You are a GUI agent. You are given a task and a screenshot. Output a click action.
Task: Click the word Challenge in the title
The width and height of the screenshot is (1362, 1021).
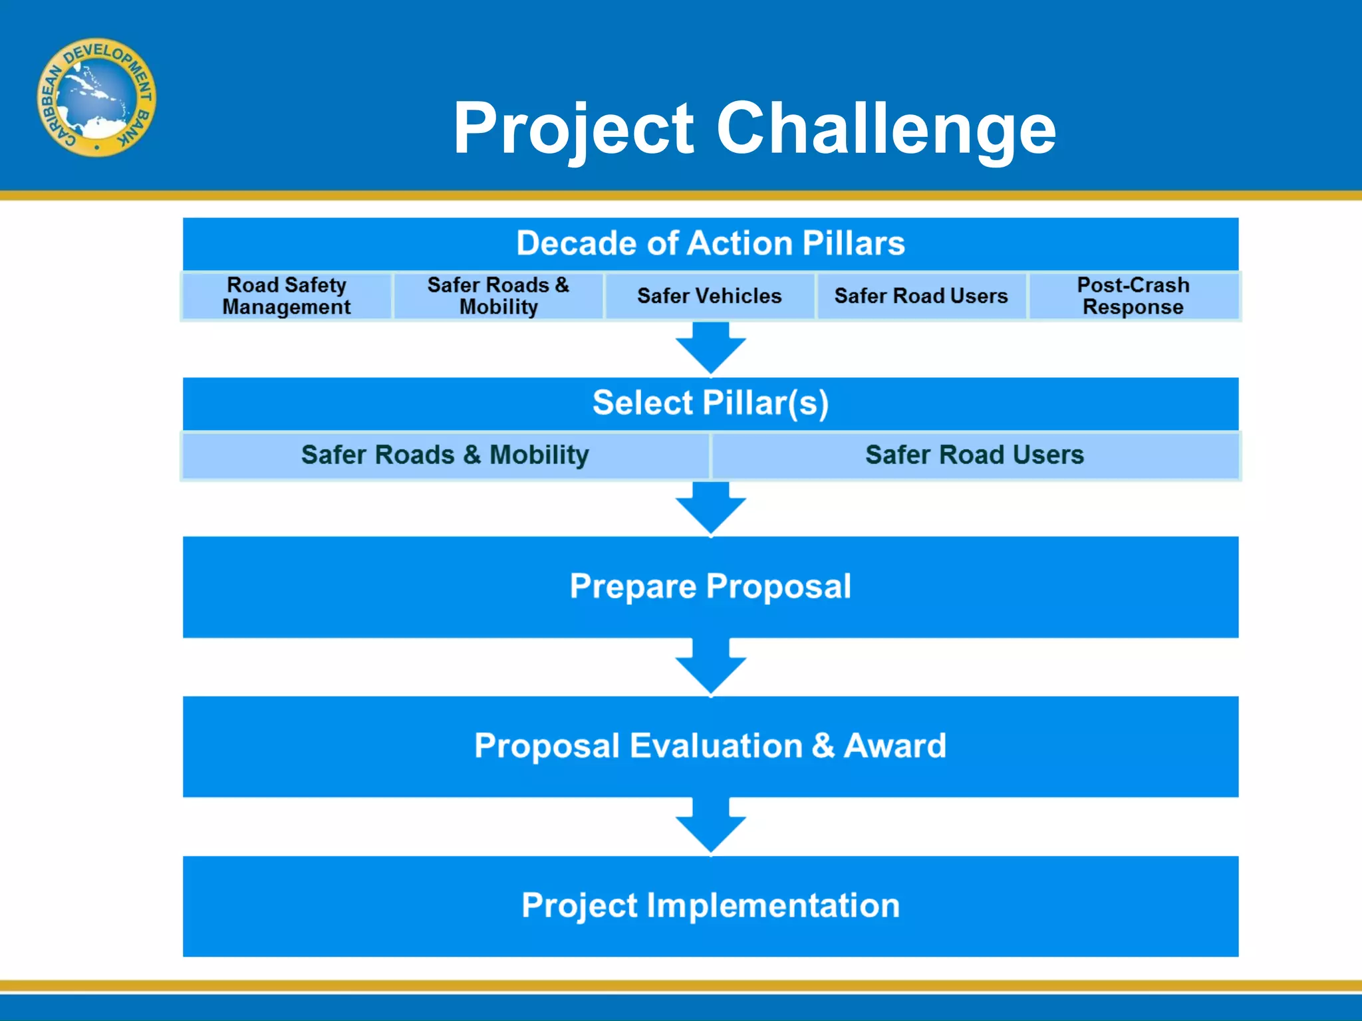886,128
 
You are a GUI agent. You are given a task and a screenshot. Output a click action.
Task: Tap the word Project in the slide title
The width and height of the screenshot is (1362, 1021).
573,128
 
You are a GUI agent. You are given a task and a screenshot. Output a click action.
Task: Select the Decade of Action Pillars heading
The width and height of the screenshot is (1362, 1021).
710,243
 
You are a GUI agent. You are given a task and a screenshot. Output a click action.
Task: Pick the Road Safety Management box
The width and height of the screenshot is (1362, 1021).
287,296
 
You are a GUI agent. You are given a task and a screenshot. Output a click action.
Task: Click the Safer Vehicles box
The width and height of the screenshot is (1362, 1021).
710,296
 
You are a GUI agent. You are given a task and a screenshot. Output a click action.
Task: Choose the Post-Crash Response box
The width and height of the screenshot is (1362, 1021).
1133,296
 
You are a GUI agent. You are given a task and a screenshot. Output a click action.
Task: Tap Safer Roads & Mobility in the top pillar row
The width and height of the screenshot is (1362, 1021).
498,296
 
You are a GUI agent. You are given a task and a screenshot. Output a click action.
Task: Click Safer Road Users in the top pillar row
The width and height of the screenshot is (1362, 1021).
921,296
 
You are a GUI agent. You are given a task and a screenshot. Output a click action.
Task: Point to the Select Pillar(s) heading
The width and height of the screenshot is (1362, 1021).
710,403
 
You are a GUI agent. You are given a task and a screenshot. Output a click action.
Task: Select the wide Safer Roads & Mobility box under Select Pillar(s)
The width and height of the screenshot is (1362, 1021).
445,455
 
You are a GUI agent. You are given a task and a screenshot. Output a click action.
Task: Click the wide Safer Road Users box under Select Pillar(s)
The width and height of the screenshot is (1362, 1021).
974,455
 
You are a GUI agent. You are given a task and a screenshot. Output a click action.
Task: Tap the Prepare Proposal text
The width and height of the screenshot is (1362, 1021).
710,586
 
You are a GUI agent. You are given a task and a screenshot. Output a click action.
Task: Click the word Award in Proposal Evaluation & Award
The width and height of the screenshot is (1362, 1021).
895,746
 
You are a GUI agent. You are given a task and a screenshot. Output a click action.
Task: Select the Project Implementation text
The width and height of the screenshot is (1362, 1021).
710,905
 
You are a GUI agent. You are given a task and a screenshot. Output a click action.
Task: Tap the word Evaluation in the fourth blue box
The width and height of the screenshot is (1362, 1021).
716,746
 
